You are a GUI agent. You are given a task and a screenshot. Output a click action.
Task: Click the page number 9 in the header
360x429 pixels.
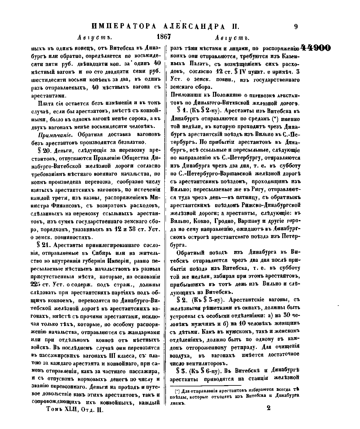[x=296, y=26]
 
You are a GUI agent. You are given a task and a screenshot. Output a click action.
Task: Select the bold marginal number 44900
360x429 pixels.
[x=315, y=48]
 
